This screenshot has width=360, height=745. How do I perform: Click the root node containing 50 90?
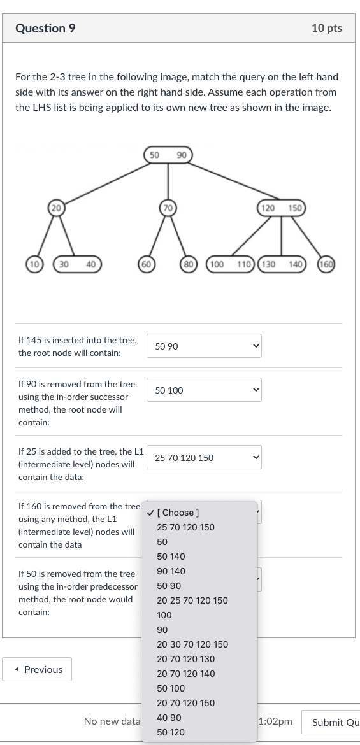click(168, 155)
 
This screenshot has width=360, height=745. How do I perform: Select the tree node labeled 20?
click(56, 208)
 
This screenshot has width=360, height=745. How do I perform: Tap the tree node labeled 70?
click(168, 208)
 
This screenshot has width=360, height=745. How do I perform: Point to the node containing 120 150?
click(281, 208)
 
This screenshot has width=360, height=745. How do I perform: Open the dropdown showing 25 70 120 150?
click(204, 458)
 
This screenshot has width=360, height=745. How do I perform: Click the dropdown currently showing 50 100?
click(204, 390)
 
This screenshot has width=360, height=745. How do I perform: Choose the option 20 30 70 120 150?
click(192, 644)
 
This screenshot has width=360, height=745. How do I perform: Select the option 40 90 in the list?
click(169, 718)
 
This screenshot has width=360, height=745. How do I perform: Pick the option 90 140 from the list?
click(171, 571)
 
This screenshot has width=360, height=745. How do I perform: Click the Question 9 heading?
click(41, 28)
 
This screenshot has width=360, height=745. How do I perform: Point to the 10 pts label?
click(327, 28)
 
